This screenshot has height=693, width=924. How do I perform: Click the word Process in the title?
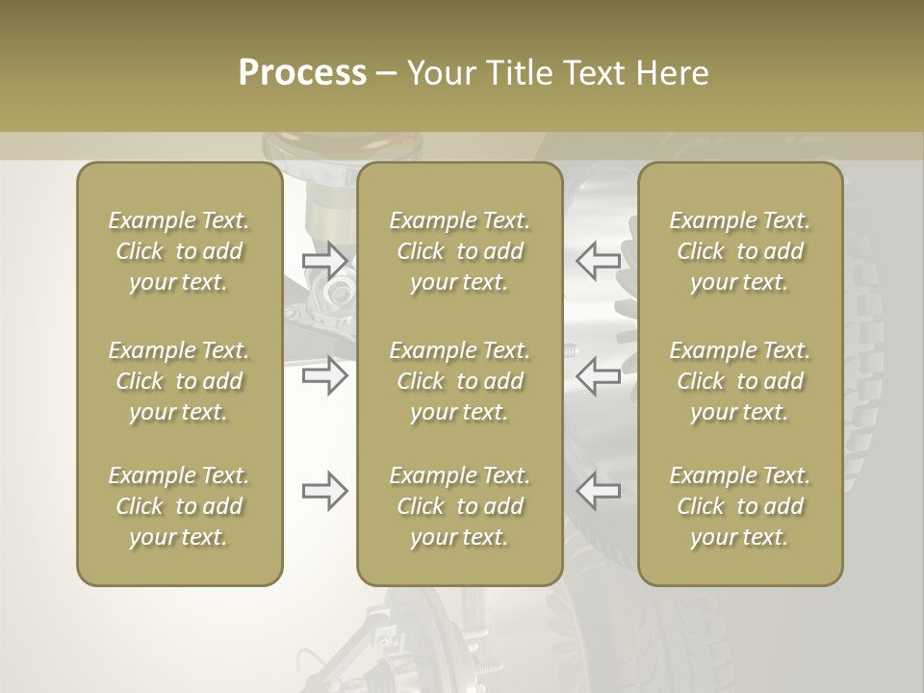(x=302, y=73)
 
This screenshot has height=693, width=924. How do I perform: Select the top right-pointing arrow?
(x=324, y=260)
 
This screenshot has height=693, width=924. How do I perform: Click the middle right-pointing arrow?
(x=324, y=375)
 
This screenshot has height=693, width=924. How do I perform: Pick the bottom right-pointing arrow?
(x=324, y=491)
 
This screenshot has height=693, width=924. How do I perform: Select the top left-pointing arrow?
(x=599, y=260)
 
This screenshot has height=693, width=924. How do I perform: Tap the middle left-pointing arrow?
(x=599, y=375)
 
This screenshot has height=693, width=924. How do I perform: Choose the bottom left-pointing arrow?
(x=599, y=491)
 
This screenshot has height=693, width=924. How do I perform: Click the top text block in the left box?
(x=179, y=251)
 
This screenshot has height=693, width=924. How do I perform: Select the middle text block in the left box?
(x=179, y=381)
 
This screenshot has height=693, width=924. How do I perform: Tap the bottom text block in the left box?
(x=179, y=506)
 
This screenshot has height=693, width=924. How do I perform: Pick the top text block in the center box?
(x=460, y=251)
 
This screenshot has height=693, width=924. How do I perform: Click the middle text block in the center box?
(x=460, y=381)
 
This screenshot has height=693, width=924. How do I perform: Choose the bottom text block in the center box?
(x=460, y=506)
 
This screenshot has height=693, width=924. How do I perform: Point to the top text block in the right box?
(x=740, y=251)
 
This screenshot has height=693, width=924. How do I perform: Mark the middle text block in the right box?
(x=740, y=381)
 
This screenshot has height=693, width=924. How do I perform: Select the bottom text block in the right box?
(x=740, y=506)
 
